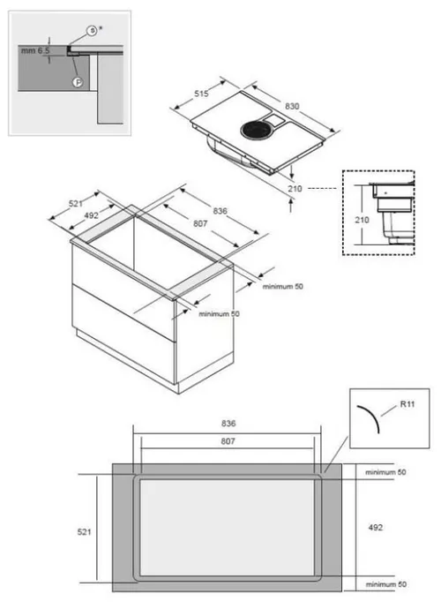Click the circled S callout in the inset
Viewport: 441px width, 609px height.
[91, 31]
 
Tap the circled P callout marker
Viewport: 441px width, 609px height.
[78, 82]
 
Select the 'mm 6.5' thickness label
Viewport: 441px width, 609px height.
[35, 51]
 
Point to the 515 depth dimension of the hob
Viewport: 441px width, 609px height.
[201, 94]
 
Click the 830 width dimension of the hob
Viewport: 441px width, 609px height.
[292, 106]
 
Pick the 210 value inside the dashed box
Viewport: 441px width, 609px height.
[362, 220]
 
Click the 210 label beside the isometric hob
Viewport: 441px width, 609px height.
[295, 189]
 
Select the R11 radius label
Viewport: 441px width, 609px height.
[407, 404]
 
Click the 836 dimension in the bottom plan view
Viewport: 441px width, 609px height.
[228, 424]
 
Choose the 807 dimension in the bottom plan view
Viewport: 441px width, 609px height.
[228, 441]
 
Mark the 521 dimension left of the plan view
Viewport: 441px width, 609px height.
[85, 532]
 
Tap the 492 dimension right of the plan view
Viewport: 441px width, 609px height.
[376, 528]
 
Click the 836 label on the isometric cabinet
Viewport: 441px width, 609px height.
[220, 211]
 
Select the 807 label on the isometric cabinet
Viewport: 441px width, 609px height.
[200, 223]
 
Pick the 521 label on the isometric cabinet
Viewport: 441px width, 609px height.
[76, 203]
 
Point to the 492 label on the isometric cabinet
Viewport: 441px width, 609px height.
[91, 215]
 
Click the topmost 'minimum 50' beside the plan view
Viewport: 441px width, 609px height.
[385, 472]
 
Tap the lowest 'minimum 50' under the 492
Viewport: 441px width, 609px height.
[386, 584]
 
